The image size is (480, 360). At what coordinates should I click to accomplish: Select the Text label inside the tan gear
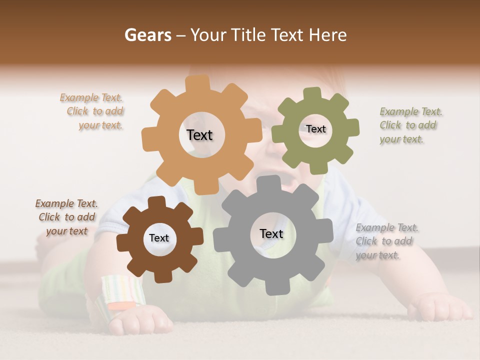click(x=199, y=135)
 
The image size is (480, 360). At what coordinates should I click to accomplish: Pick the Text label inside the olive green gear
click(x=315, y=129)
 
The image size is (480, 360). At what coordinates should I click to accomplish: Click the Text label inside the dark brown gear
click(x=159, y=238)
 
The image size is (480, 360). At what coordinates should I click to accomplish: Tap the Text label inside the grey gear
click(x=271, y=233)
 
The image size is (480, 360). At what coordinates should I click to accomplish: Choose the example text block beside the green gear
click(x=410, y=125)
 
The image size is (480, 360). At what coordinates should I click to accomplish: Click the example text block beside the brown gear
click(x=66, y=217)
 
